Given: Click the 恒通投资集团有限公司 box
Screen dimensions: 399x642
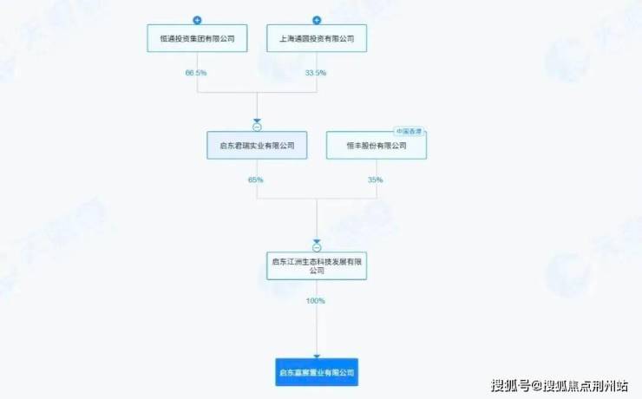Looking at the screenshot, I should tap(197, 39).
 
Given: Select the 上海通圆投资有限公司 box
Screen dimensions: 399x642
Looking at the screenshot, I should tap(317, 39).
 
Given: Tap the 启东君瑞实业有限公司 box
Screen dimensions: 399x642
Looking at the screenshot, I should tap(257, 146).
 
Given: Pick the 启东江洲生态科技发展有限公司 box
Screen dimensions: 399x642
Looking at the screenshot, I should tap(317, 265).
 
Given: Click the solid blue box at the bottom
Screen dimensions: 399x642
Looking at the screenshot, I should tap(317, 372).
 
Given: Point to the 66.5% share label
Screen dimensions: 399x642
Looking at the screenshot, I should tap(196, 73).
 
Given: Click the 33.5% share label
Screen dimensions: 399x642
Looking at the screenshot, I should tap(316, 73).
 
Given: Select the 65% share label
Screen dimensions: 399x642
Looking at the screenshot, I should tap(256, 180).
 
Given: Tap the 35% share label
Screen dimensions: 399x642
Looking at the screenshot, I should tap(375, 180).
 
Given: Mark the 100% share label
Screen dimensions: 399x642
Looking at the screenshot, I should tap(316, 301).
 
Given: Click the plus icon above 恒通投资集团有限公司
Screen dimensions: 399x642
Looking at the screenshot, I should tap(197, 19).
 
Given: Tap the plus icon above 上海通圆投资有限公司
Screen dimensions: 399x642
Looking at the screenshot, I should tap(317, 19).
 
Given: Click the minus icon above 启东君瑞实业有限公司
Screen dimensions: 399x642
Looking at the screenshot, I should tap(257, 128).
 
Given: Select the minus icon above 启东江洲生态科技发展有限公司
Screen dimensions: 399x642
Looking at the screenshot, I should tap(317, 248).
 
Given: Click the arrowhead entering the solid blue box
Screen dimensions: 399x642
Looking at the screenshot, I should tap(317, 356).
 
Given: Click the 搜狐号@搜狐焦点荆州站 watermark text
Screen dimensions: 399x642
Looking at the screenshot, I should tap(560, 385).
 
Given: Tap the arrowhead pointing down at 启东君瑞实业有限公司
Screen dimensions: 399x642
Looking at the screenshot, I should tap(257, 121).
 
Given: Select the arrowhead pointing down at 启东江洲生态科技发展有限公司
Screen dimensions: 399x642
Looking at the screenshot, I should tap(317, 241).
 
